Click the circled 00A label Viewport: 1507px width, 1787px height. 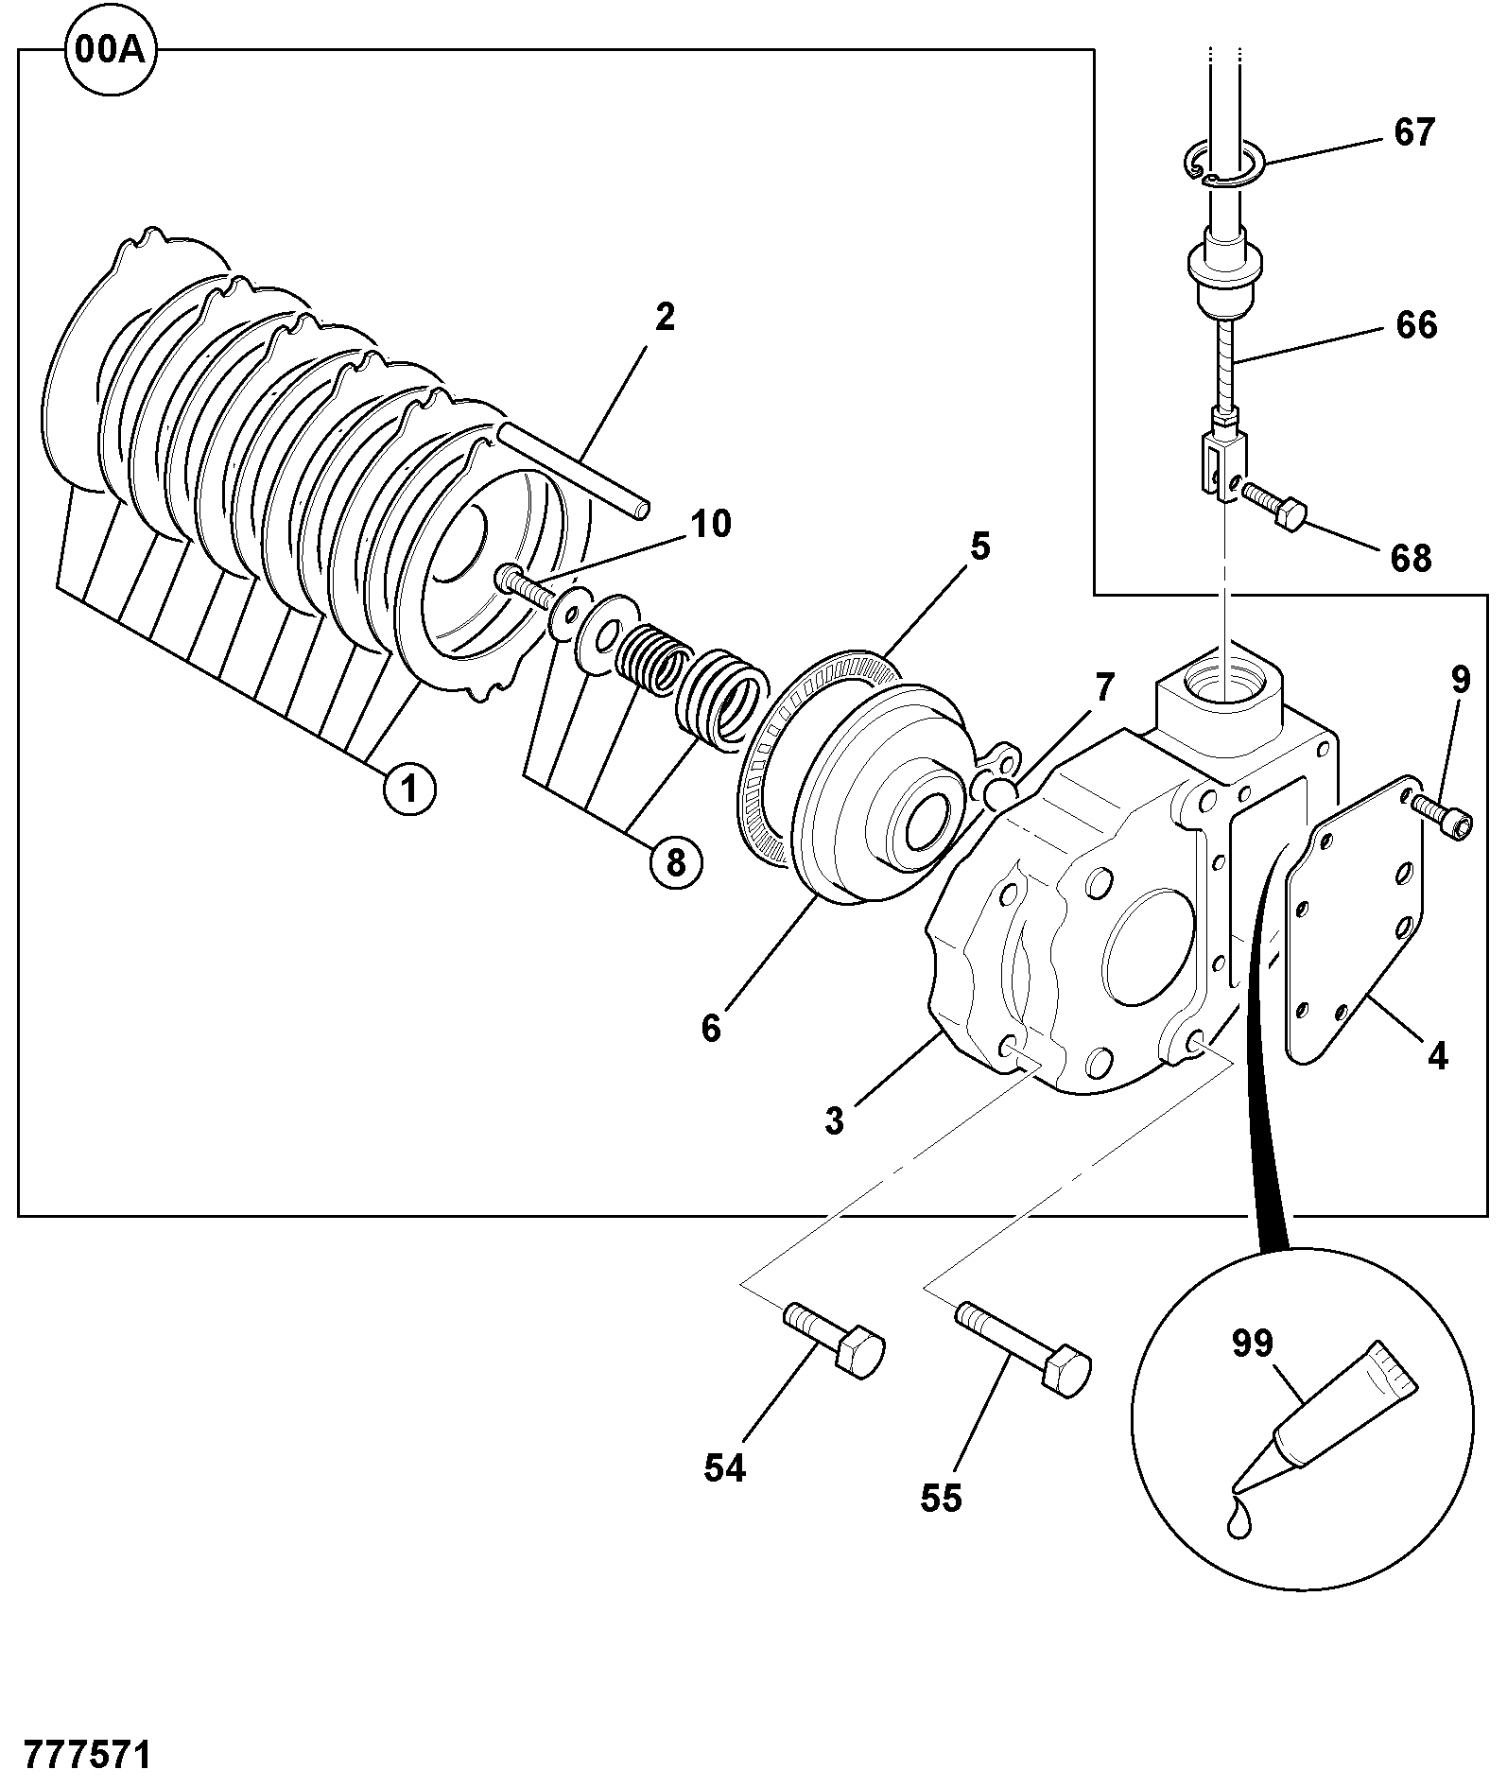pyautogui.click(x=111, y=50)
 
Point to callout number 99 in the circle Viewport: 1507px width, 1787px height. pyautogui.click(x=1253, y=1344)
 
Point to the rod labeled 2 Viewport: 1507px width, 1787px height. pyautogui.click(x=573, y=470)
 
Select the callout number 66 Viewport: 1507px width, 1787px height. pyautogui.click(x=1415, y=325)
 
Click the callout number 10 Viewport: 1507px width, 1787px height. pyautogui.click(x=710, y=523)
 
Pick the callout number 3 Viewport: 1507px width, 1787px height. pyautogui.click(x=834, y=1120)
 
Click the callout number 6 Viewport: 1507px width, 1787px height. pyautogui.click(x=711, y=1028)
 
